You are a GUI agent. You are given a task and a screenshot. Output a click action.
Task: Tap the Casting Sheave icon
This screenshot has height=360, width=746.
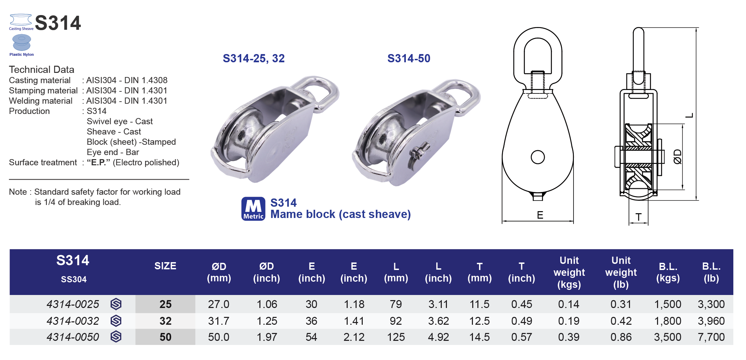pyautogui.click(x=21, y=22)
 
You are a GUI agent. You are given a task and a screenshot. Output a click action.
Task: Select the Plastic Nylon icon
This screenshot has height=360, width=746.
pyautogui.click(x=22, y=44)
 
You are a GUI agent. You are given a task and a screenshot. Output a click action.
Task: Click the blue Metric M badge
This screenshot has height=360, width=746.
pyautogui.click(x=253, y=209)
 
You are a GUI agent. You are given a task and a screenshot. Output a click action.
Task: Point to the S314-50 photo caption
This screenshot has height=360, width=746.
pyautogui.click(x=409, y=59)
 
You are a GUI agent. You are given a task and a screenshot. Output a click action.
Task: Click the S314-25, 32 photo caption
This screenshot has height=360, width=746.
pyautogui.click(x=254, y=59)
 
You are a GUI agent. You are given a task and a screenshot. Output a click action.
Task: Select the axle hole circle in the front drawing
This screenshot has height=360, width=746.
pyautogui.click(x=538, y=157)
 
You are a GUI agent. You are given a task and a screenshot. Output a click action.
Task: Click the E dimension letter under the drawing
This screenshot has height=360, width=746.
pyautogui.click(x=540, y=215)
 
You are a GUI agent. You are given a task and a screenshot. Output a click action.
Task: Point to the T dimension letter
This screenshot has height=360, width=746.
pyautogui.click(x=639, y=217)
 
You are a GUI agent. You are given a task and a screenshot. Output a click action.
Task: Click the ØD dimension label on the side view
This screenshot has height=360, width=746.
pyautogui.click(x=678, y=157)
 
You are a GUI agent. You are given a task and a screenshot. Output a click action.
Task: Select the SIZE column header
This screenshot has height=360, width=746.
pyautogui.click(x=165, y=266)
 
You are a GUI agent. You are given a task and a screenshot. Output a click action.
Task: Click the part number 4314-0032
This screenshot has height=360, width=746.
pyautogui.click(x=73, y=321)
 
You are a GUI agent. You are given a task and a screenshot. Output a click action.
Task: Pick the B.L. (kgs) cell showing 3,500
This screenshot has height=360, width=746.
pyautogui.click(x=667, y=337)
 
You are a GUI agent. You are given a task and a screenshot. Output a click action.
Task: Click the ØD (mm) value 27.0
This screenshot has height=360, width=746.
pyautogui.click(x=219, y=304)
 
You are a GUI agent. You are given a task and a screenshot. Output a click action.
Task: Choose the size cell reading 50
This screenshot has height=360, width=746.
pyautogui.click(x=165, y=337)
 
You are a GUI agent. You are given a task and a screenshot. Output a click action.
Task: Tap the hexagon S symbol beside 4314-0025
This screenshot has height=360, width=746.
pyautogui.click(x=116, y=304)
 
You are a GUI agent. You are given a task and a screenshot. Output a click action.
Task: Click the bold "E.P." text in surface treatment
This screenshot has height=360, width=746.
pyautogui.click(x=99, y=163)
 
